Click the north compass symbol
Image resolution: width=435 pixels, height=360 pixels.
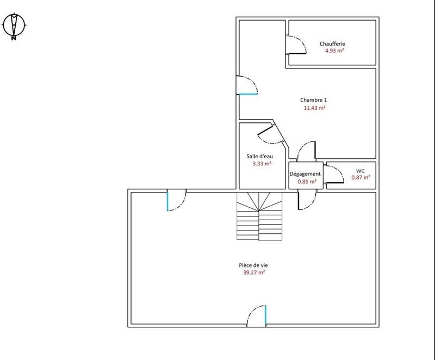(x=14, y=26)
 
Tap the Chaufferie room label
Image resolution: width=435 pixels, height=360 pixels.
(x=332, y=44)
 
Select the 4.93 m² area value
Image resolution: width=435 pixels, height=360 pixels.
(x=333, y=51)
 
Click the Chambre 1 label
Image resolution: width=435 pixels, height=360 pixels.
(x=314, y=100)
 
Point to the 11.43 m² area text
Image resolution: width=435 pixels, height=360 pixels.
(x=314, y=108)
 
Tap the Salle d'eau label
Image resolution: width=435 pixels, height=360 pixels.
(x=259, y=156)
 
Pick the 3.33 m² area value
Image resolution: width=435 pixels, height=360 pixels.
(x=262, y=163)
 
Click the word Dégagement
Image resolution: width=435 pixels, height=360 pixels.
(x=305, y=174)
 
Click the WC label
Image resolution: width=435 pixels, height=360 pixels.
(x=360, y=170)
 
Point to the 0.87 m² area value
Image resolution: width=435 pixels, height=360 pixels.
(x=361, y=177)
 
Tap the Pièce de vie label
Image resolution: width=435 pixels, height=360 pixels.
(x=253, y=265)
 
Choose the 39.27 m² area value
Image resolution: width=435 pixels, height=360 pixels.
(x=254, y=273)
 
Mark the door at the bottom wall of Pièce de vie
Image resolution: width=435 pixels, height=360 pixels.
(x=257, y=316)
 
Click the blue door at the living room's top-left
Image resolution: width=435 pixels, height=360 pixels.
(x=176, y=200)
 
